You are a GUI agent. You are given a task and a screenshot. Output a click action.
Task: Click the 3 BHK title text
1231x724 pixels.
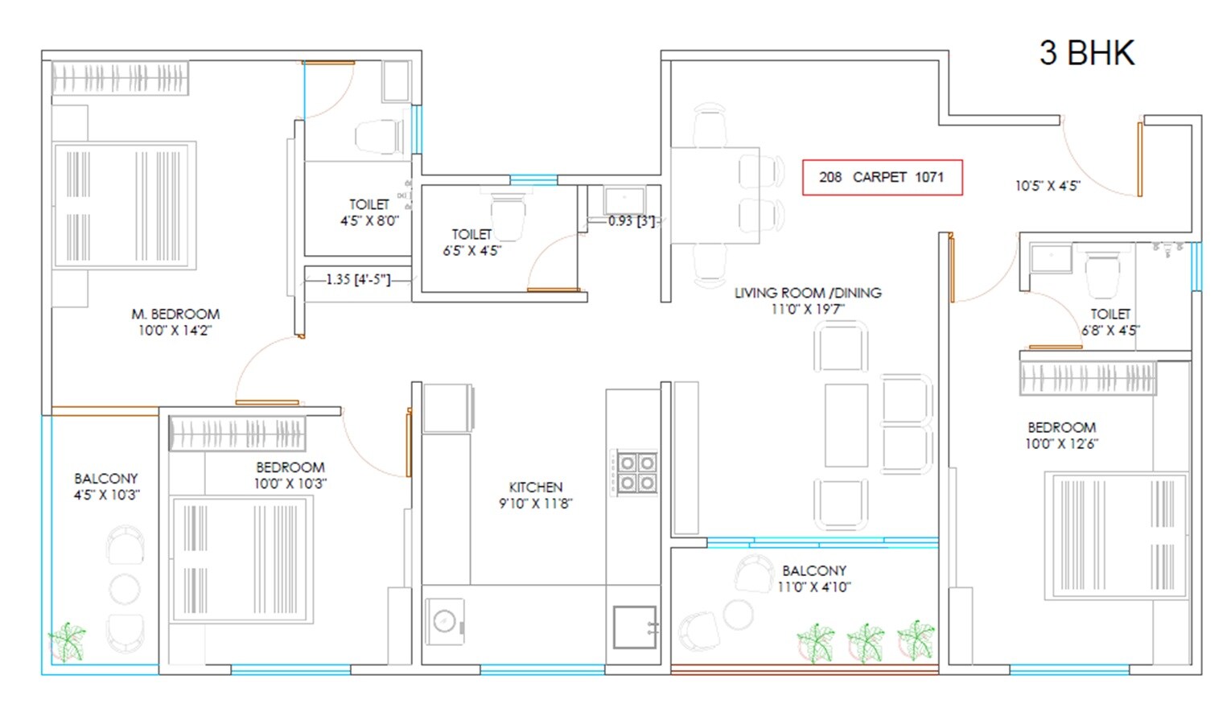tap(1086, 53)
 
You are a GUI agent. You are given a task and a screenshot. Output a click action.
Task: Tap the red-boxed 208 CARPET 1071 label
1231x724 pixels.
tap(882, 177)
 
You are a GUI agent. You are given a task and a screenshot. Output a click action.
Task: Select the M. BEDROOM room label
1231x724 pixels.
tap(175, 322)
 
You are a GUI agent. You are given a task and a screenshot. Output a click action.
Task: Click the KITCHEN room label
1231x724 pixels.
tap(535, 495)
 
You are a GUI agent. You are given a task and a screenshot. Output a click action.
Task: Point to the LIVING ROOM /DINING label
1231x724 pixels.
tap(808, 300)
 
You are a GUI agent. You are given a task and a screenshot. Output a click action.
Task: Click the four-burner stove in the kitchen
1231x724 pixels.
tap(636, 472)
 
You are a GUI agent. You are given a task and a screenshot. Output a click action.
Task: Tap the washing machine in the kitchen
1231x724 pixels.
tap(445, 621)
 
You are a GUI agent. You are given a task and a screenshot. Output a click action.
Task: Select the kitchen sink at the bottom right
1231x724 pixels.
tap(635, 627)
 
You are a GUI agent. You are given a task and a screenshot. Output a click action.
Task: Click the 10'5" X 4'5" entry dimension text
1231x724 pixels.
tap(1047, 186)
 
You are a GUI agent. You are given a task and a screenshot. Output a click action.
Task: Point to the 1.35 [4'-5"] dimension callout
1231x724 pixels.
tap(358, 279)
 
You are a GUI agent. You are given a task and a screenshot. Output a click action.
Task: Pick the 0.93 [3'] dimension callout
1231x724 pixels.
tap(632, 220)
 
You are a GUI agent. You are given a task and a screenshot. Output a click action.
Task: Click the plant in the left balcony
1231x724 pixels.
tap(67, 641)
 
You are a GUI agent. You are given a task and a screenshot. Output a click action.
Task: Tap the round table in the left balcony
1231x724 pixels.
tap(125, 589)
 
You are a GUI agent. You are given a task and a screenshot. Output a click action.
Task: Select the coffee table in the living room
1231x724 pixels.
tap(846, 426)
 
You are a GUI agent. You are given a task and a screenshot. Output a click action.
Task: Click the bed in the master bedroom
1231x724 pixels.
tap(125, 206)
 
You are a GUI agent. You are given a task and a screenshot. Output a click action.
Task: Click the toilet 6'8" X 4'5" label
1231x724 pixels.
tap(1110, 322)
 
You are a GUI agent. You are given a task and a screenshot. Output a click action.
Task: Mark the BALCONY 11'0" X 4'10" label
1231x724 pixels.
tap(813, 578)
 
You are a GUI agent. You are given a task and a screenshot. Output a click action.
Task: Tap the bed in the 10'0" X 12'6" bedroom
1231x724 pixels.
tap(1116, 536)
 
